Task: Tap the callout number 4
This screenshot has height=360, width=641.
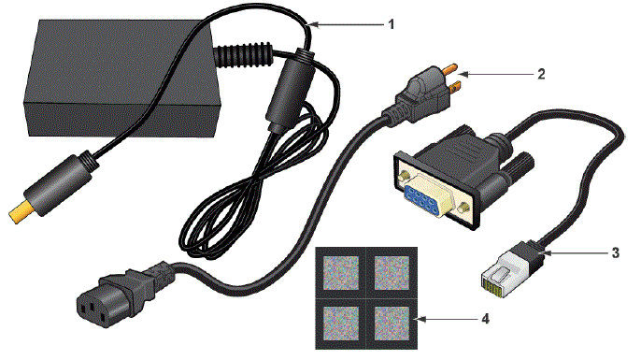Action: (x=483, y=320)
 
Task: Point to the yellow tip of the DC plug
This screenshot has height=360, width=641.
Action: (x=20, y=214)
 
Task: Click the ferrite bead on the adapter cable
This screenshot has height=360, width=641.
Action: (x=283, y=90)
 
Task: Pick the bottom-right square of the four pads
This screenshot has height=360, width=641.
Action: (x=392, y=323)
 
